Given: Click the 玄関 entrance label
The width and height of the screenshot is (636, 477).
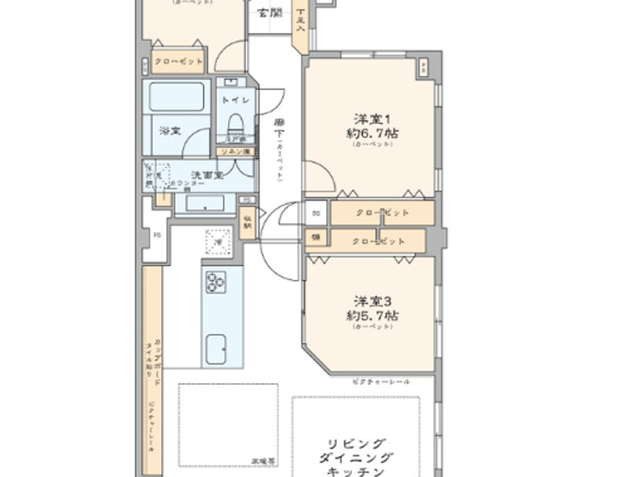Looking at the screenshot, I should tap(270, 13).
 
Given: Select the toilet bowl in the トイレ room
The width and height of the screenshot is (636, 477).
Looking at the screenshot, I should tap(235, 124).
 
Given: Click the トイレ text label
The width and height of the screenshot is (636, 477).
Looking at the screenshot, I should tap(235, 100).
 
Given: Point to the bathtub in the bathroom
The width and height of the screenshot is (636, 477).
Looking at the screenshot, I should tap(176, 96).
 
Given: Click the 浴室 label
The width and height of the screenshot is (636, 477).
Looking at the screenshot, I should tap(170, 131).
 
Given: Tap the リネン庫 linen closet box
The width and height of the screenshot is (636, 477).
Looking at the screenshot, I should tap(235, 152).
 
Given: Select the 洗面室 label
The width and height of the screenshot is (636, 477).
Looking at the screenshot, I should tap(207, 174).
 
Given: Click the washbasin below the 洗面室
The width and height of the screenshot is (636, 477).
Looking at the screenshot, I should tap(205, 203).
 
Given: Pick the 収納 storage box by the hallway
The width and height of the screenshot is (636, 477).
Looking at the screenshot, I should tap(247, 223).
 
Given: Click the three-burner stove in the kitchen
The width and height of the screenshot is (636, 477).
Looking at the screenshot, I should tap(215, 282).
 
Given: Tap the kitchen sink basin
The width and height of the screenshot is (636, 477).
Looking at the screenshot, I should tap(216, 349).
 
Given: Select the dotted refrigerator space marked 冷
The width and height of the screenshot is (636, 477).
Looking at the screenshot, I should tap(218, 242).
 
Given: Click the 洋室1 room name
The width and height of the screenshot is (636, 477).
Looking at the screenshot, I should tap(373, 119).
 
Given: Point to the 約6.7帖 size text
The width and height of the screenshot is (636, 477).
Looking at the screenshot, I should tap(373, 134).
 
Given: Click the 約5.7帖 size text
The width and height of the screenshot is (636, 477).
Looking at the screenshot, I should tap(373, 315).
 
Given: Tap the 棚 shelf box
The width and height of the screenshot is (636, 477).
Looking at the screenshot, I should tap(316, 237).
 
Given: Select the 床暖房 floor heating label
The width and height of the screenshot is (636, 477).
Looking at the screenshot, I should tap(263, 461).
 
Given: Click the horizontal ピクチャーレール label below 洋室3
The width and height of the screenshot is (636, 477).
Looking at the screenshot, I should tap(381, 382).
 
